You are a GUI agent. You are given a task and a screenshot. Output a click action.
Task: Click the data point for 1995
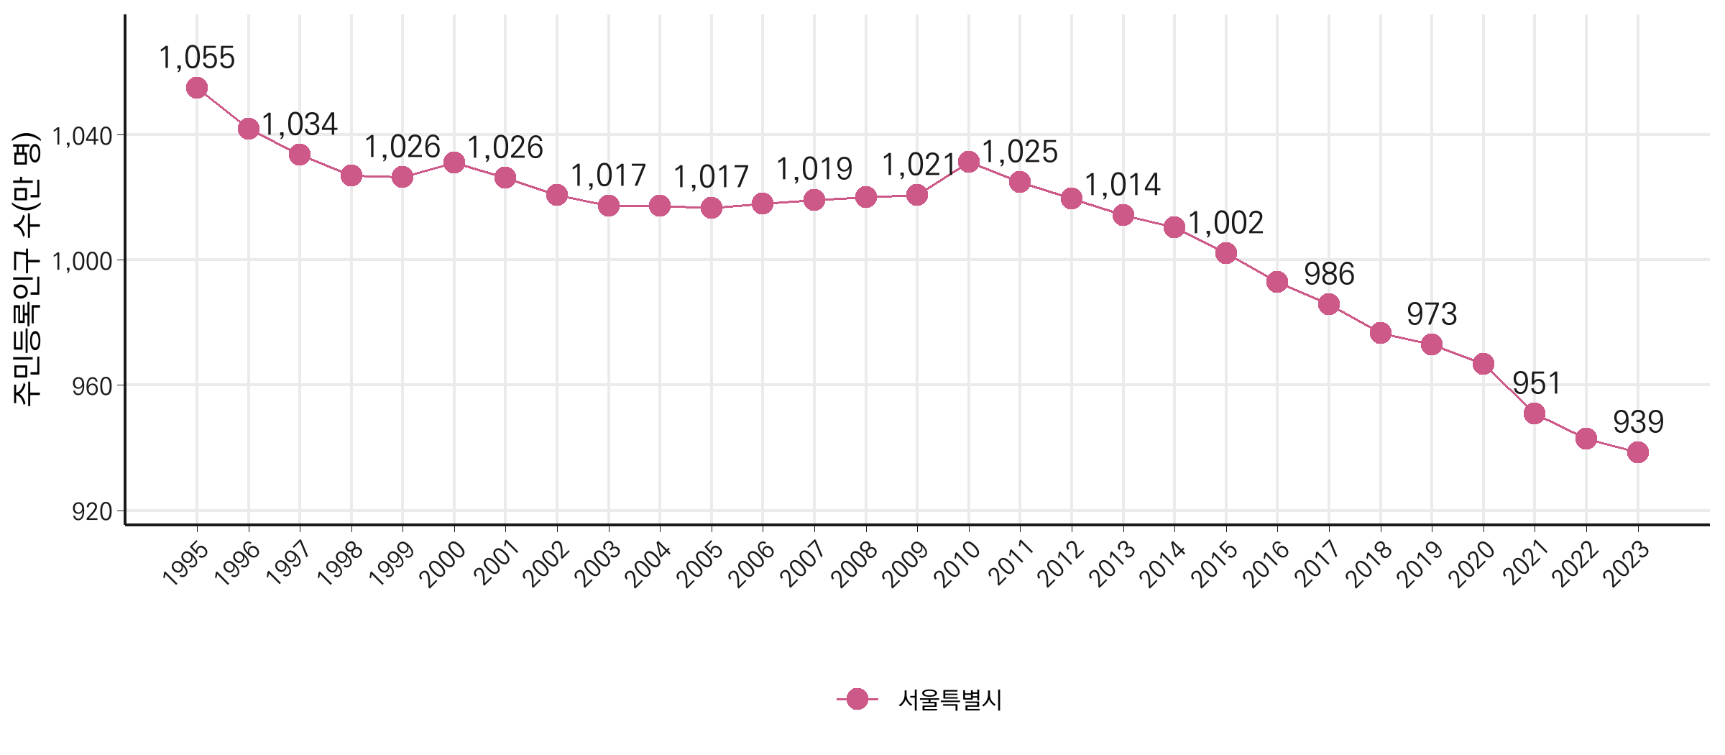(197, 88)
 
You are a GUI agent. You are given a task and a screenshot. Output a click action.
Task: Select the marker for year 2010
(969, 162)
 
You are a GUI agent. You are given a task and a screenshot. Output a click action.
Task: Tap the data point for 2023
(1638, 452)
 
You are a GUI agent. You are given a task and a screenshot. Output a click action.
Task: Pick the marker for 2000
(454, 163)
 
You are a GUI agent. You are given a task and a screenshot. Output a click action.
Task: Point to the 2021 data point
(1535, 413)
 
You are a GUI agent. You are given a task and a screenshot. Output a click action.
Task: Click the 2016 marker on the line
(1277, 282)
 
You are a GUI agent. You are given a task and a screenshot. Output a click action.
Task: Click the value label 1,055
(197, 58)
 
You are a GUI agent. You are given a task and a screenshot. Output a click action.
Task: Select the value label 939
(1638, 422)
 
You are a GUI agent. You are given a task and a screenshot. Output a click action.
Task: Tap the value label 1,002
(1225, 223)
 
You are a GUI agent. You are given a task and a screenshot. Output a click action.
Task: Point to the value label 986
(1329, 274)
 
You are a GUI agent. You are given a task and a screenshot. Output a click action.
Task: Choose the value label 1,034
(300, 124)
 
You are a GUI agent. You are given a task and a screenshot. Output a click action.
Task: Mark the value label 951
(1536, 383)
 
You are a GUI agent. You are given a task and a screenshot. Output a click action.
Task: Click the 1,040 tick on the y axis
(83, 136)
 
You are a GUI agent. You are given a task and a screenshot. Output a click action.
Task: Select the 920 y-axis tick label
(92, 511)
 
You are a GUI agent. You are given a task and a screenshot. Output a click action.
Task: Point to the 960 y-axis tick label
(92, 386)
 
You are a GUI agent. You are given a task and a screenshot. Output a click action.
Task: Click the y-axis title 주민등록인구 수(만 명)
(27, 270)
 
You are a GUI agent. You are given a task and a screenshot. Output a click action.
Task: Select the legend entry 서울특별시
(949, 700)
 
